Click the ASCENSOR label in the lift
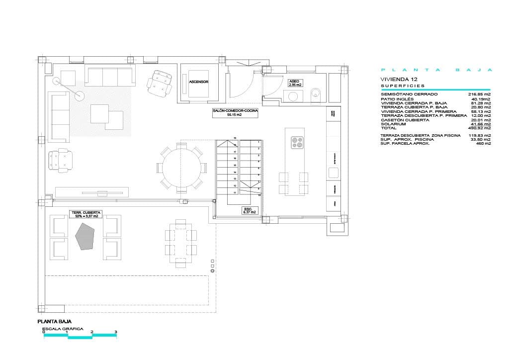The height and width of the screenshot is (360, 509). pyautogui.click(x=198, y=82)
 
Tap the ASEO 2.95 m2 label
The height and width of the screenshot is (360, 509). pyautogui.click(x=295, y=83)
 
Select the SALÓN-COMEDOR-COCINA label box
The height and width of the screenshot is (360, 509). pyautogui.click(x=235, y=113)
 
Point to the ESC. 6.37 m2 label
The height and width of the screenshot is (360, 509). pyautogui.click(x=249, y=210)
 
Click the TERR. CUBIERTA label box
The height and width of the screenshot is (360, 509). pyautogui.click(x=86, y=214)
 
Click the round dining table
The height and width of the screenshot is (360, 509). pyautogui.click(x=181, y=168)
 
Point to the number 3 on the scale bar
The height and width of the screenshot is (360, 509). pyautogui.click(x=116, y=332)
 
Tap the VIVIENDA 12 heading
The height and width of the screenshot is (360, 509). pyautogui.click(x=399, y=79)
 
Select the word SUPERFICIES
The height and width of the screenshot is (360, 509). pyautogui.click(x=403, y=86)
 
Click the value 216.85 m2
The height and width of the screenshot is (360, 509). pyautogui.click(x=479, y=94)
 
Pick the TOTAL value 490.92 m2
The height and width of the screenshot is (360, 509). pyautogui.click(x=479, y=128)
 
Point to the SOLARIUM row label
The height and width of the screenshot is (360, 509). pyautogui.click(x=394, y=124)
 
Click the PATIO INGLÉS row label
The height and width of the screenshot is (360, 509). pyautogui.click(x=397, y=98)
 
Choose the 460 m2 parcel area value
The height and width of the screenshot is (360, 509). pyautogui.click(x=483, y=143)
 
